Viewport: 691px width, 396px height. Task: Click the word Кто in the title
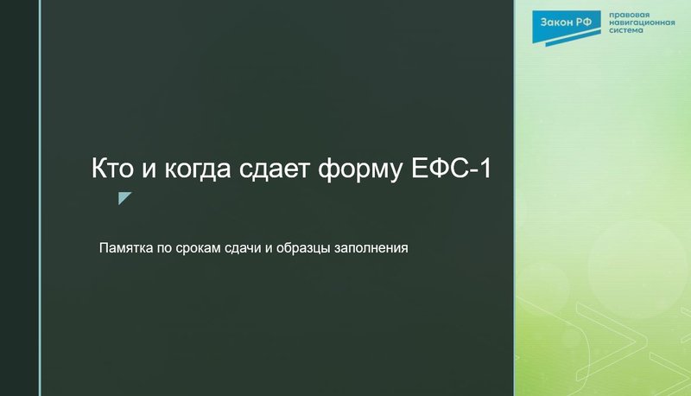click(112, 168)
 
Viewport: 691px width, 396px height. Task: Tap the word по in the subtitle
click(168, 248)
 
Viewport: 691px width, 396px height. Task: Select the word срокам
click(205, 248)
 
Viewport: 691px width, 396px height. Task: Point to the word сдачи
click(252, 248)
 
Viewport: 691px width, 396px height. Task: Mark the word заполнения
click(374, 248)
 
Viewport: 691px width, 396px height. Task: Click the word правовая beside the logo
click(630, 16)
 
